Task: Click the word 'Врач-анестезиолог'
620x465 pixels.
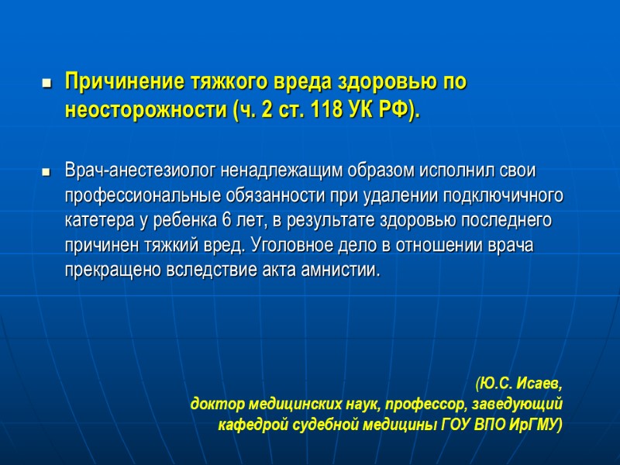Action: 141,170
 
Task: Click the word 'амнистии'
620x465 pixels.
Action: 347,270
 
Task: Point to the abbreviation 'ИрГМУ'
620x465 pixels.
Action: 534,425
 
